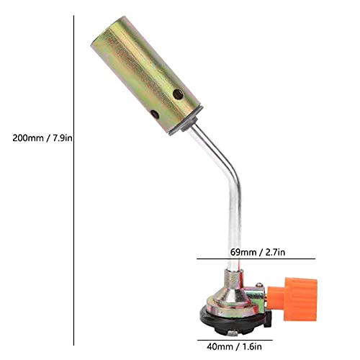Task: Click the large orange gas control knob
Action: pyautogui.click(x=300, y=300)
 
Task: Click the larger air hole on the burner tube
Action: pyautogui.click(x=178, y=94)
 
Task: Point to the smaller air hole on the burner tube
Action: pyautogui.click(x=155, y=114)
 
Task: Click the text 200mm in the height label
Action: pyautogui.click(x=28, y=138)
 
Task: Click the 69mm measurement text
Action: pyautogui.click(x=243, y=252)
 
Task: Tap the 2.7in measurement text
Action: pyautogui.click(x=275, y=252)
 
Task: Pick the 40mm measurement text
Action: pyautogui.click(x=220, y=347)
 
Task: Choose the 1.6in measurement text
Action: pyautogui.click(x=252, y=347)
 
